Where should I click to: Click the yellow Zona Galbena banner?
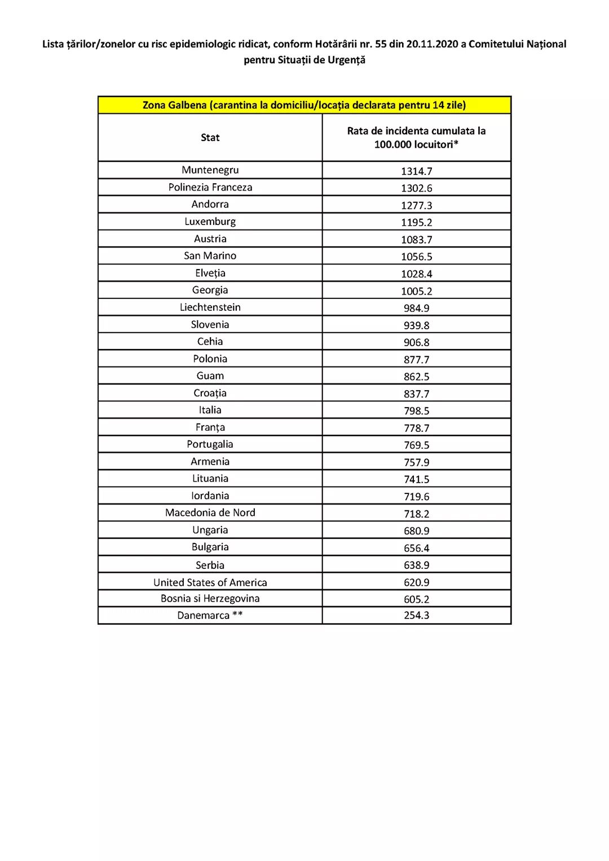point(304,105)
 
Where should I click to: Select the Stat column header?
point(210,138)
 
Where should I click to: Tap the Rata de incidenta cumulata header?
point(416,138)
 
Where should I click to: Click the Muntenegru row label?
point(210,170)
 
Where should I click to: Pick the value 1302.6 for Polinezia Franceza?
point(416,188)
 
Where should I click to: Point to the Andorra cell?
point(210,204)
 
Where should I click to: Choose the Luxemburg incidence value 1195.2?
point(416,222)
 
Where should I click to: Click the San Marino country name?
point(210,256)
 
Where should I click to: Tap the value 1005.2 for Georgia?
point(416,291)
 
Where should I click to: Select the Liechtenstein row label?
point(210,307)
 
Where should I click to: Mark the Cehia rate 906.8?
point(416,342)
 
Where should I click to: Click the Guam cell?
point(210,376)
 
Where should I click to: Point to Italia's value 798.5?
point(416,411)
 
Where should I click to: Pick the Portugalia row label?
point(210,444)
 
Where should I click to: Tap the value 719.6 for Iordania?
point(416,497)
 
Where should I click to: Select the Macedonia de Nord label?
point(210,513)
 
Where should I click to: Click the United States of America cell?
point(210,582)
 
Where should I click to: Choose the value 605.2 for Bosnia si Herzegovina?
point(416,599)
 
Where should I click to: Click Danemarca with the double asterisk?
point(210,615)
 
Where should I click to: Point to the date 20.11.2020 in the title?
point(432,44)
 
